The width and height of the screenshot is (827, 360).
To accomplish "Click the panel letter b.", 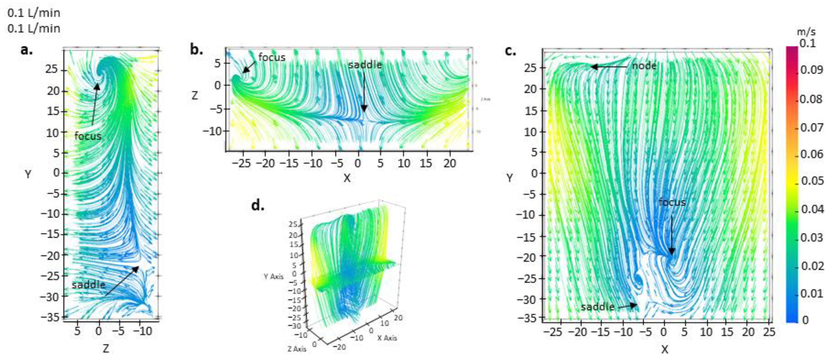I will pos(196,50).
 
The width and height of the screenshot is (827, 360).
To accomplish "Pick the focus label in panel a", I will pos(88,136).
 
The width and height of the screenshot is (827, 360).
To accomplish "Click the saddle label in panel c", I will pos(597,307).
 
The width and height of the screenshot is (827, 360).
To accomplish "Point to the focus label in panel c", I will pos(672,202).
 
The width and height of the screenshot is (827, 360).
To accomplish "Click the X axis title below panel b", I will pos(347,178).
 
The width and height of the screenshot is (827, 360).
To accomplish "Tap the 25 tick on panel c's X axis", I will pos(769,332).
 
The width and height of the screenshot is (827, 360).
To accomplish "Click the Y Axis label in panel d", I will pos(273,276).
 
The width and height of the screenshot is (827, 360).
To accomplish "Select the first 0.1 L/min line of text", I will pos(34,13).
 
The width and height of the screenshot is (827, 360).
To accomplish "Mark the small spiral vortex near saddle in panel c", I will pos(638,280).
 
